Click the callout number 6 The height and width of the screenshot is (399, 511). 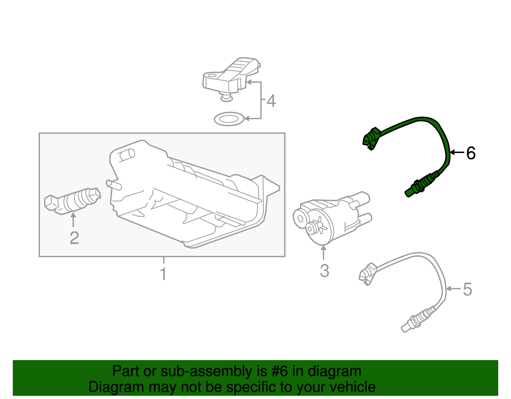click(471, 153)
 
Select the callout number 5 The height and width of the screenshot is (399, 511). click(467, 289)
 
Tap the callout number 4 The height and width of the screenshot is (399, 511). click(271, 101)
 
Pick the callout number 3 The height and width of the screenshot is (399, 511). click(324, 271)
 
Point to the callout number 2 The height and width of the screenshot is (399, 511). click(74, 238)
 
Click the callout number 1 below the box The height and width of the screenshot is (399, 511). click(163, 274)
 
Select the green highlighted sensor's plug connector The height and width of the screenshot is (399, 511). click(370, 138)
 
